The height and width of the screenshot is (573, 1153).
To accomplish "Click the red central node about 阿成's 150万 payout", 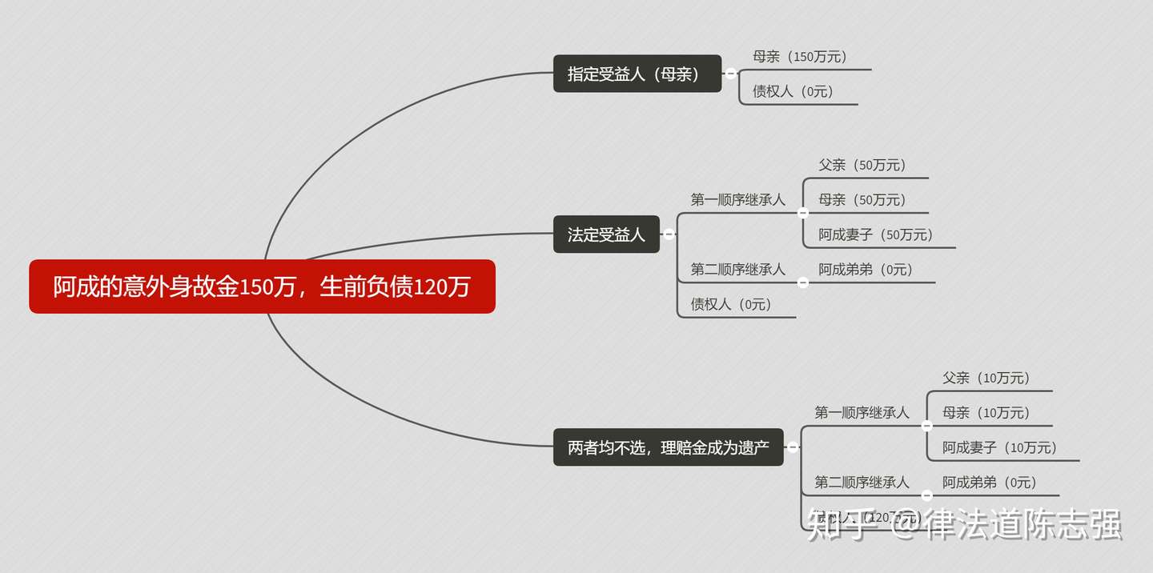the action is pyautogui.click(x=262, y=286).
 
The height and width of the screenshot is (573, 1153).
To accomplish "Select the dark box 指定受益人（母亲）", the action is pyautogui.click(x=637, y=74).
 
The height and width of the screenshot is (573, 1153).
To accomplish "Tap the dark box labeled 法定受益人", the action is pyautogui.click(x=606, y=234).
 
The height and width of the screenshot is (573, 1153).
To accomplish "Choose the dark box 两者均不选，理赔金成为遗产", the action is pyautogui.click(x=669, y=447).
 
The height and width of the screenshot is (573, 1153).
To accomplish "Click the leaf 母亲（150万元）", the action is pyautogui.click(x=800, y=57).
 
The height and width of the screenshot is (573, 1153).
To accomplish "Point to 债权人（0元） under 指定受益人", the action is pyautogui.click(x=793, y=91).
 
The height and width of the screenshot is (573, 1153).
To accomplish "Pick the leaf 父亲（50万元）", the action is pyautogui.click(x=862, y=165).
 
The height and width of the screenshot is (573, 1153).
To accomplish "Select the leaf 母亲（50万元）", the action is pyautogui.click(x=862, y=200).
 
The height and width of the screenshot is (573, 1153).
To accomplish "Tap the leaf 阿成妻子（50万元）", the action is pyautogui.click(x=876, y=234).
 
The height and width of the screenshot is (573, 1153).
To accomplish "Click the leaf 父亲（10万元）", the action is pyautogui.click(x=986, y=378).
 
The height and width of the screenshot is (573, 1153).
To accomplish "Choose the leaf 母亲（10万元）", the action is pyautogui.click(x=986, y=413).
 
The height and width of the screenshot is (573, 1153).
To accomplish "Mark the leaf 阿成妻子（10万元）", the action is pyautogui.click(x=1000, y=447).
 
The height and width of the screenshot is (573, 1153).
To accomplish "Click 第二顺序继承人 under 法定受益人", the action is pyautogui.click(x=738, y=270).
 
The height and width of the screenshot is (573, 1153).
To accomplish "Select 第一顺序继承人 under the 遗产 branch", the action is pyautogui.click(x=862, y=413).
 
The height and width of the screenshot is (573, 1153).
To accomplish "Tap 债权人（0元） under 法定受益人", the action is pyautogui.click(x=731, y=304).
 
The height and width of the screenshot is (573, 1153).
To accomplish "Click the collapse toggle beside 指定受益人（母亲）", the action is pyautogui.click(x=730, y=74).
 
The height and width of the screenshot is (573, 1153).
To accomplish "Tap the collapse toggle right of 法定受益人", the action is pyautogui.click(x=669, y=234).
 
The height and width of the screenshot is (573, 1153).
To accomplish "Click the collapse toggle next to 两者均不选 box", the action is pyautogui.click(x=793, y=447).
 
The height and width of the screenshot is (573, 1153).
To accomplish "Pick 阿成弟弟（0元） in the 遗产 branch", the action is pyautogui.click(x=990, y=483).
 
